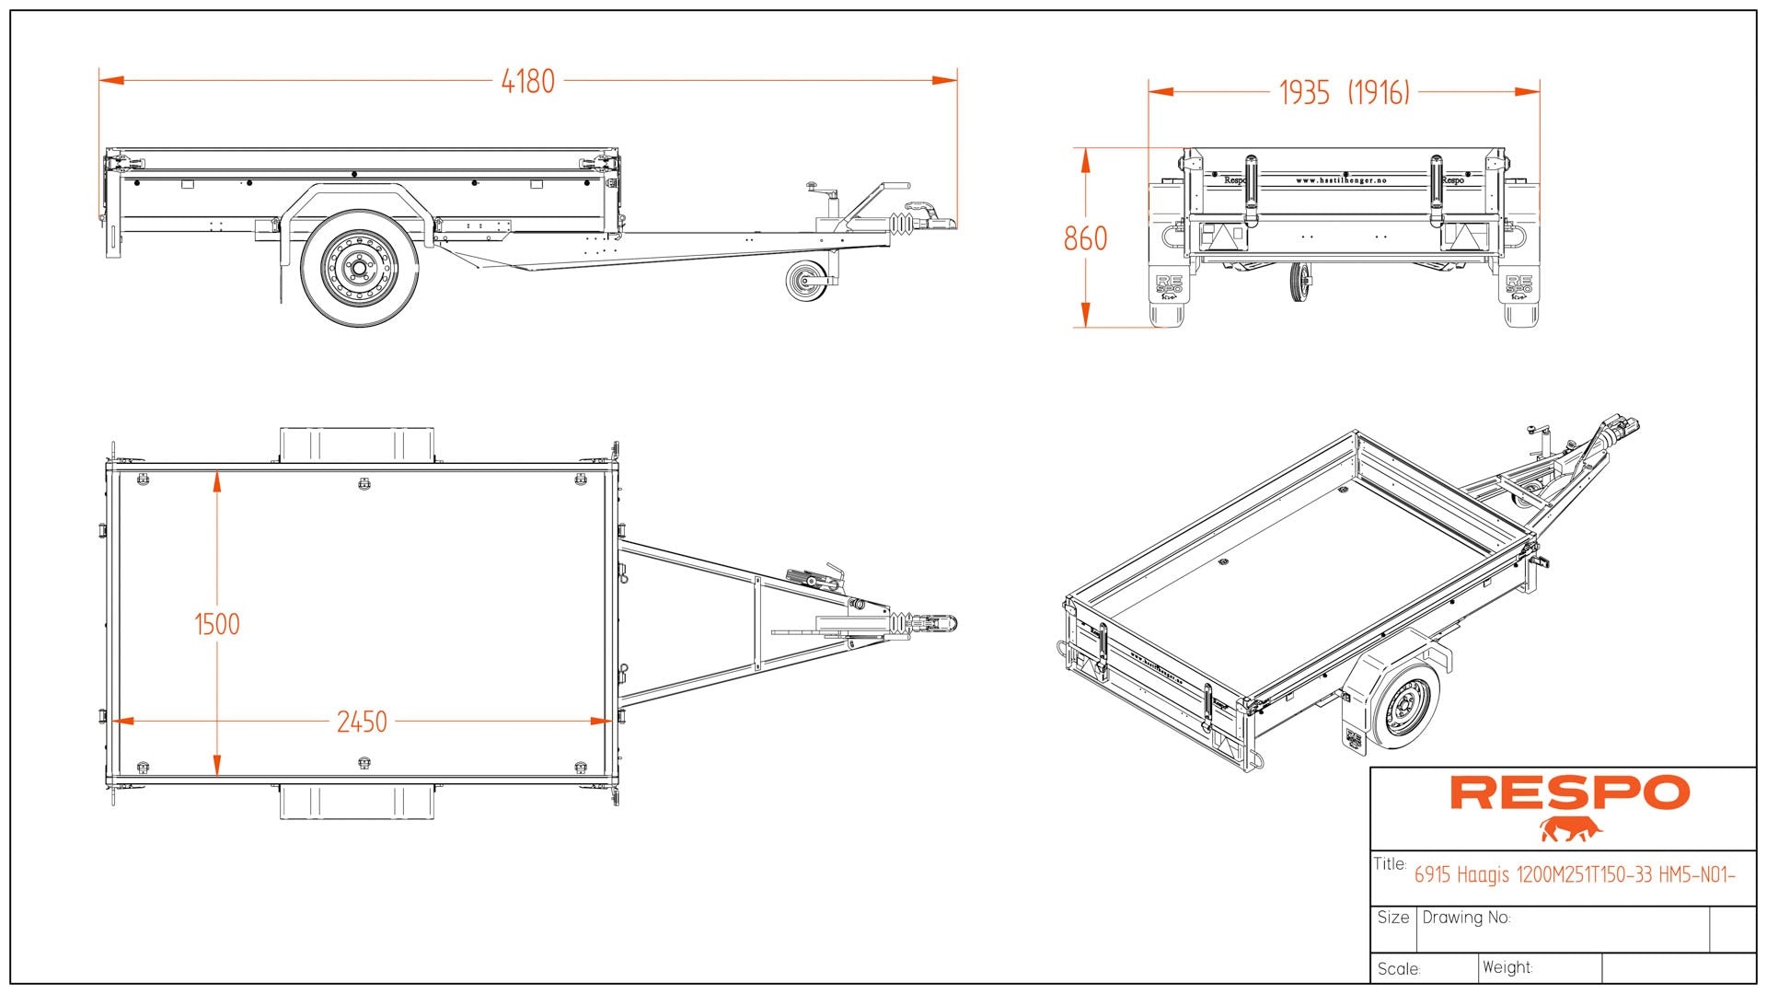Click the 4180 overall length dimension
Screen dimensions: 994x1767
click(527, 82)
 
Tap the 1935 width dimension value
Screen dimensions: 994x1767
click(1304, 93)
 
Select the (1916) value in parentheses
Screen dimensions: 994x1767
click(1379, 93)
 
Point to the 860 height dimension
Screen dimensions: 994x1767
click(1085, 239)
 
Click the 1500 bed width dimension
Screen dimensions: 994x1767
click(217, 625)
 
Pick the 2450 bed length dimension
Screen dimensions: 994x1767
click(362, 722)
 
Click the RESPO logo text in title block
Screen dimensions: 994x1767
click(1569, 793)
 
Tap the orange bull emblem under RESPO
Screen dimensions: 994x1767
click(1571, 829)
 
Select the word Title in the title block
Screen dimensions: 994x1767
click(1390, 864)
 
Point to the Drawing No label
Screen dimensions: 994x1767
click(1466, 918)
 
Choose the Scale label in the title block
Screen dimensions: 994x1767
click(1399, 969)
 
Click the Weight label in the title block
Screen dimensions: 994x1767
click(1507, 967)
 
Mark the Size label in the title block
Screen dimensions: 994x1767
click(1393, 918)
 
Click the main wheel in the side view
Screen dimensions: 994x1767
click(360, 268)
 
